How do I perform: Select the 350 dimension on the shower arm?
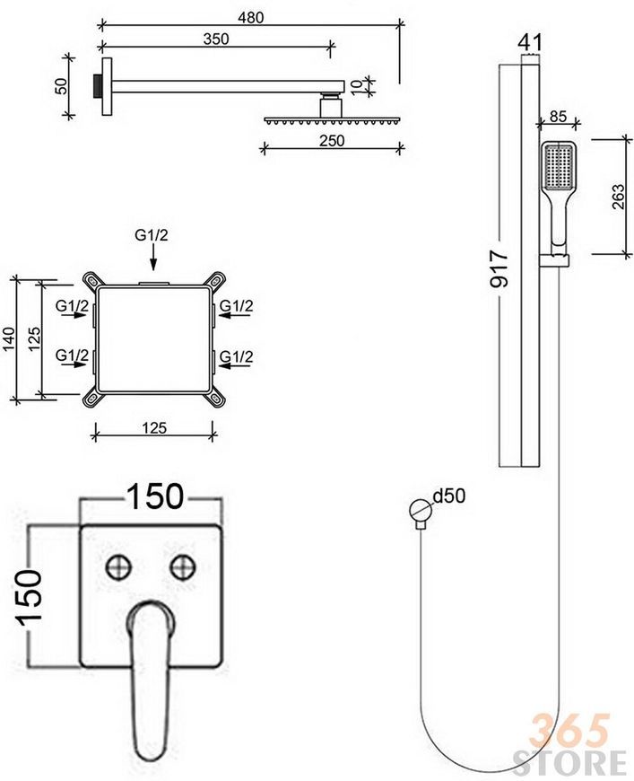(216, 39)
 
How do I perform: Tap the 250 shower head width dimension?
(332, 140)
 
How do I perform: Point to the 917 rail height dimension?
(499, 269)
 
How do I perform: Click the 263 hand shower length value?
(618, 197)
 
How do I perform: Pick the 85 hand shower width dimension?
(558, 116)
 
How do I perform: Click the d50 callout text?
(449, 496)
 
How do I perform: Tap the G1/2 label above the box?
(152, 234)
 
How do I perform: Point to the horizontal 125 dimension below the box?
(154, 427)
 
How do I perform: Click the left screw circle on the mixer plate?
(119, 566)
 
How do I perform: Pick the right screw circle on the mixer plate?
(183, 566)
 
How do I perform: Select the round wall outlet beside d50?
(420, 510)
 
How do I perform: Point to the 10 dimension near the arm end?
(356, 85)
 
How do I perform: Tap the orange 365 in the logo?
(569, 731)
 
